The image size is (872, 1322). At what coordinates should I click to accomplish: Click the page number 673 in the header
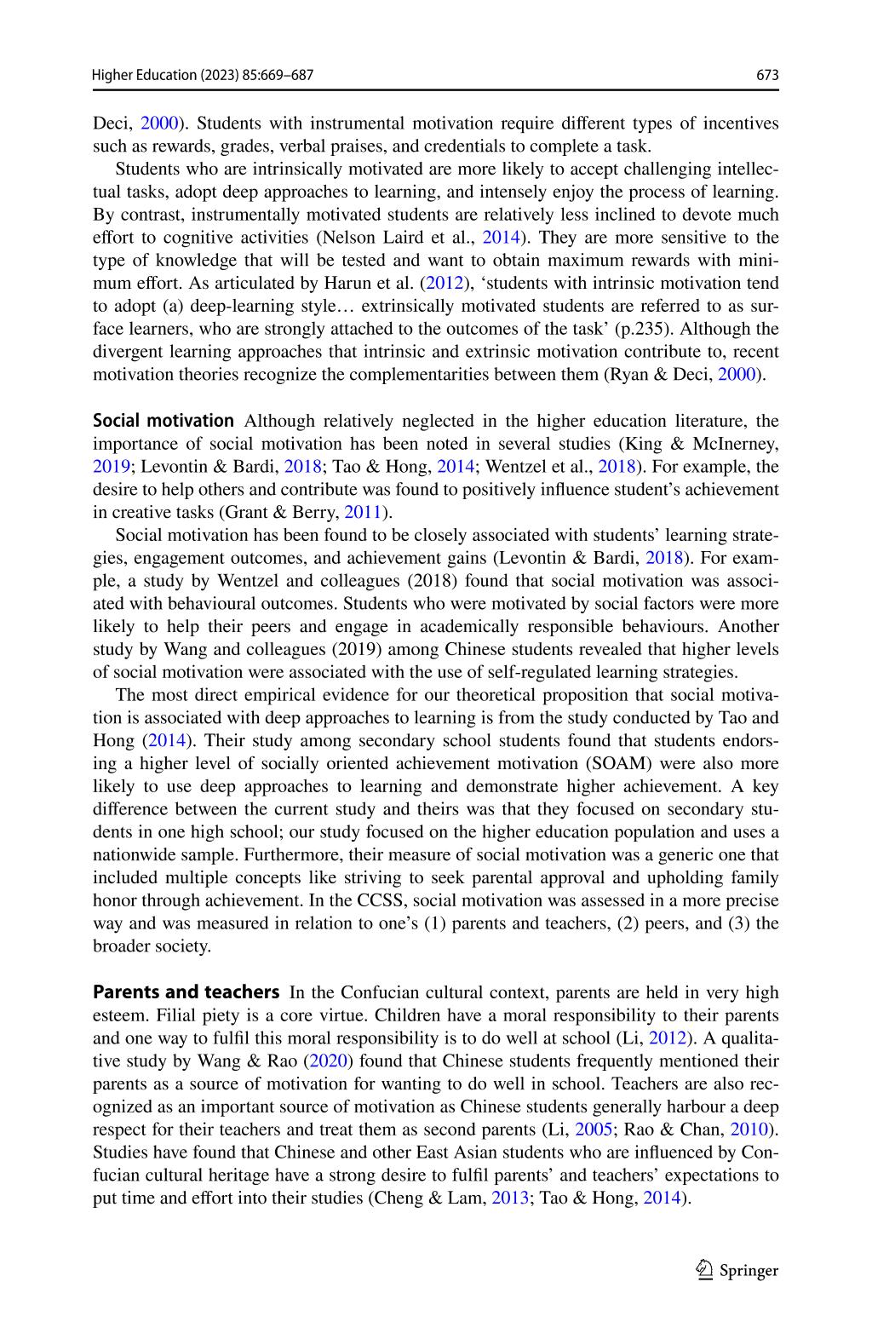(767, 75)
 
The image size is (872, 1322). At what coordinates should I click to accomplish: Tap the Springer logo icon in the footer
(704, 1270)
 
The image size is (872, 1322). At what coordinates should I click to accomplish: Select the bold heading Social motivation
(163, 421)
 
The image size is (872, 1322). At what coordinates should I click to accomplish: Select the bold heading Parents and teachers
(186, 992)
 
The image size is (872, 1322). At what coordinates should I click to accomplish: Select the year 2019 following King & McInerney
(112, 467)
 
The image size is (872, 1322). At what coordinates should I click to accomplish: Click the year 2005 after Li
(593, 1129)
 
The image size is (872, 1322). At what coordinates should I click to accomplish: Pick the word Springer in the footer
(749, 1271)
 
